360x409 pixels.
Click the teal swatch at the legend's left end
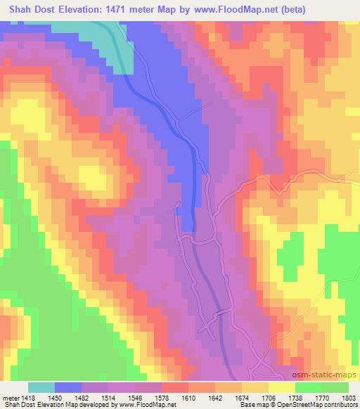pyautogui.click(x=41, y=387)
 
